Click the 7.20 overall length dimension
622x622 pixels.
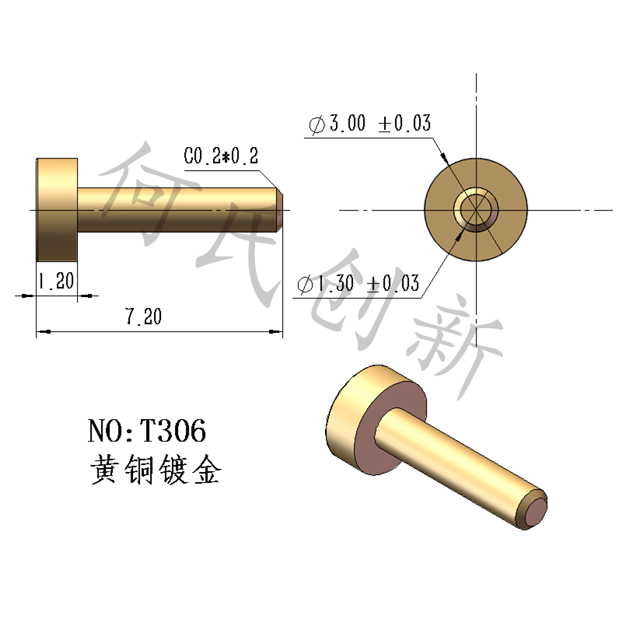144,317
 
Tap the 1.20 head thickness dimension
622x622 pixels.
56,281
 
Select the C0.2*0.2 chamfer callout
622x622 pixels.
221,158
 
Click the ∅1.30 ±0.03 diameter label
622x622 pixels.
358,284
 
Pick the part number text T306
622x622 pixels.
172,430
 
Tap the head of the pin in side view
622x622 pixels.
58,209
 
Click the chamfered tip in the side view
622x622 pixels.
281,209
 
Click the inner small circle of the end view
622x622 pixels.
475,210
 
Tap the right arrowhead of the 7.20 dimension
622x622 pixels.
278,332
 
